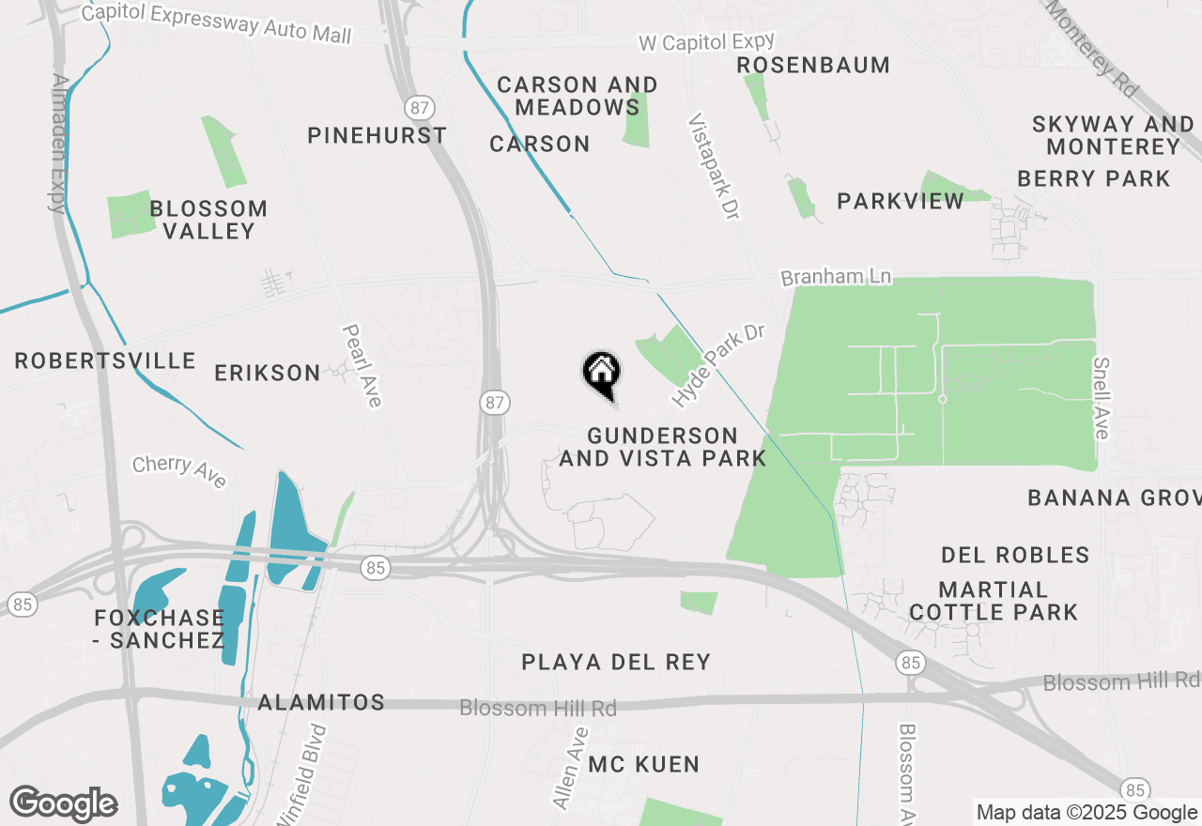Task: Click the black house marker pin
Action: pos(601,373)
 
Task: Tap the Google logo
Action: pos(63,803)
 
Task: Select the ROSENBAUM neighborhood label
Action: pos(813,65)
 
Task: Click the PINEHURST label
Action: pos(378,135)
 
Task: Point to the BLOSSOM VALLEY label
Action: pos(208,219)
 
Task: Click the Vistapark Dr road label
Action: pos(714,167)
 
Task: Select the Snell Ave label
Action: pos(1101,397)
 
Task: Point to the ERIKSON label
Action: pos(268,373)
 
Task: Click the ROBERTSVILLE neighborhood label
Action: pos(105,360)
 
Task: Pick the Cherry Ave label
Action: pos(179,471)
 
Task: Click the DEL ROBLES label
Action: pos(1015,555)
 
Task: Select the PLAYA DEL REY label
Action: pos(616,662)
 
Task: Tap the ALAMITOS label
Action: pos(321,702)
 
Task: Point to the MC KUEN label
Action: pos(644,764)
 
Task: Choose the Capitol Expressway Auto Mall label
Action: pos(216,23)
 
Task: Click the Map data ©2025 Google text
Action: pos(1086,812)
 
